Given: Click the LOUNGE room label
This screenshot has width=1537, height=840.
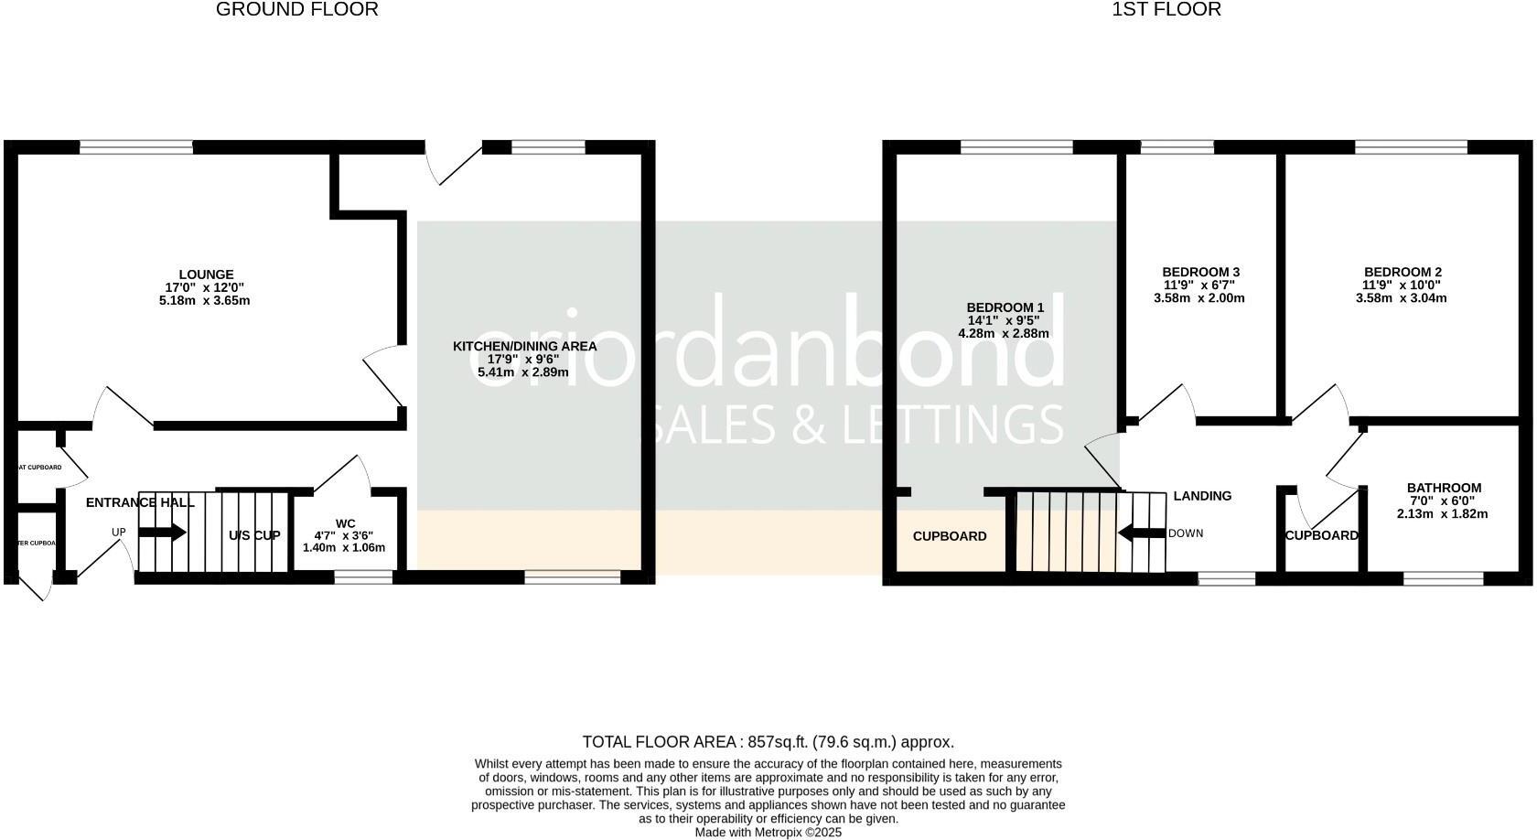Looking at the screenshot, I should click(206, 275).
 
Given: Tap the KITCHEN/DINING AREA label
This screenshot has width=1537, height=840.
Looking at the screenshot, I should click(524, 346).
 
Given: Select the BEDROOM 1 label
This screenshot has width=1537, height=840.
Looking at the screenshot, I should click(1005, 307).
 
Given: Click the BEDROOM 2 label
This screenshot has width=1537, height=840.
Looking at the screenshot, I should click(1403, 272).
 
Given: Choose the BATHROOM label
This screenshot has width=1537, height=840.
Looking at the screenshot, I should click(1444, 488).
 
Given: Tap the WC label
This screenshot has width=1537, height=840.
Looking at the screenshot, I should click(345, 523).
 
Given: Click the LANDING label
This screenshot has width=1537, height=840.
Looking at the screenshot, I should click(1202, 496).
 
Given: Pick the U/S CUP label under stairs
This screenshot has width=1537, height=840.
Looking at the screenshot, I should click(254, 535).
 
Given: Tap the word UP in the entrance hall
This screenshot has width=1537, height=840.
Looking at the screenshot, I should click(119, 533).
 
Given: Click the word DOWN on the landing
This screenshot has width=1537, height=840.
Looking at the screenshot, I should click(1186, 533).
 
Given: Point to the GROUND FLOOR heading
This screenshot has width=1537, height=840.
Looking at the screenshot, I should click(297, 10).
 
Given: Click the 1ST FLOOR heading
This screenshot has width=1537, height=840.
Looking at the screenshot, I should click(1166, 10).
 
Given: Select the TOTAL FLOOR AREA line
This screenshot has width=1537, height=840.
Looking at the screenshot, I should click(768, 742).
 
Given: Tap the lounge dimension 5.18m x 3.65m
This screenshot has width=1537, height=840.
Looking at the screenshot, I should click(204, 300).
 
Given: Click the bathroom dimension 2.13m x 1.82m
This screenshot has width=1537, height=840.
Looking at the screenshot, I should click(1442, 513).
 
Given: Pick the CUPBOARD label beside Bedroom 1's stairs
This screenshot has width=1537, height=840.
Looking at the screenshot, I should click(950, 536).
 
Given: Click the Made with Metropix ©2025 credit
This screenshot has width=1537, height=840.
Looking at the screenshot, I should click(768, 833).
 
